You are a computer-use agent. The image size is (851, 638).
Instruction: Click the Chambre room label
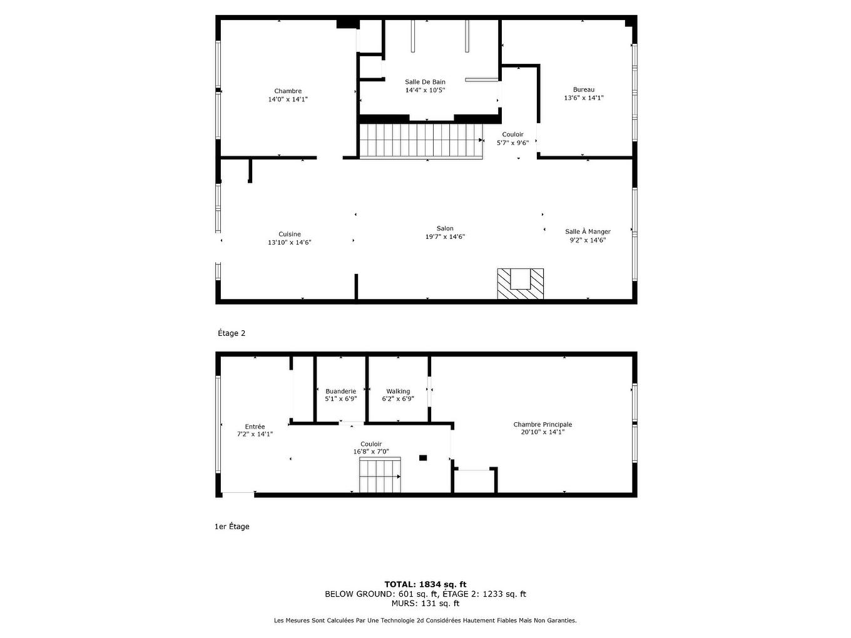click(288, 91)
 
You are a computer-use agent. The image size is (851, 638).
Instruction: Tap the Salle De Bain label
click(425, 82)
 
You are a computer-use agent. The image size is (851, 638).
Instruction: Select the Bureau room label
click(583, 89)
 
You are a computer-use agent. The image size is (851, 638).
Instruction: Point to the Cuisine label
click(290, 235)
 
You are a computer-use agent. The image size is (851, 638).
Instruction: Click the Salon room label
click(445, 228)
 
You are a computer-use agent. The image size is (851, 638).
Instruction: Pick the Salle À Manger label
click(588, 231)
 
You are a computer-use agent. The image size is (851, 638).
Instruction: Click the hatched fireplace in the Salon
click(520, 284)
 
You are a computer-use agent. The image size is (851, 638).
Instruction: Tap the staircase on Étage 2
click(421, 141)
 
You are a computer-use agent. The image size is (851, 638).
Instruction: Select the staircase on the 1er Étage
click(380, 475)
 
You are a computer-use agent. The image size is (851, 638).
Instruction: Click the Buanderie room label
click(340, 392)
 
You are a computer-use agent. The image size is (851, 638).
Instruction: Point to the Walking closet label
click(398, 392)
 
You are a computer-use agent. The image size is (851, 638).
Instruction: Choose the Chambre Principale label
click(543, 424)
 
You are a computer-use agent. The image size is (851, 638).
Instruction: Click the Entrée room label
click(255, 427)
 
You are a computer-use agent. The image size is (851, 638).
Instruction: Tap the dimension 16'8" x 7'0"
click(371, 452)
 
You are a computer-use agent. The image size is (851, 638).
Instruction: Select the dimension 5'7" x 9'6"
click(512, 143)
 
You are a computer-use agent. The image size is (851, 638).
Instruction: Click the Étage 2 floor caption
click(232, 333)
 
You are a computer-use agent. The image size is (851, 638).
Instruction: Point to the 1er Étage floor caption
click(232, 527)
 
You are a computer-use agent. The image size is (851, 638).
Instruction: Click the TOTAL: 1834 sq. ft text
click(425, 584)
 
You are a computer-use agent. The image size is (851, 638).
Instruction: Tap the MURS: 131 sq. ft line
click(425, 604)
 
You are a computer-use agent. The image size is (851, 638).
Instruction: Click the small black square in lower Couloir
click(423, 458)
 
